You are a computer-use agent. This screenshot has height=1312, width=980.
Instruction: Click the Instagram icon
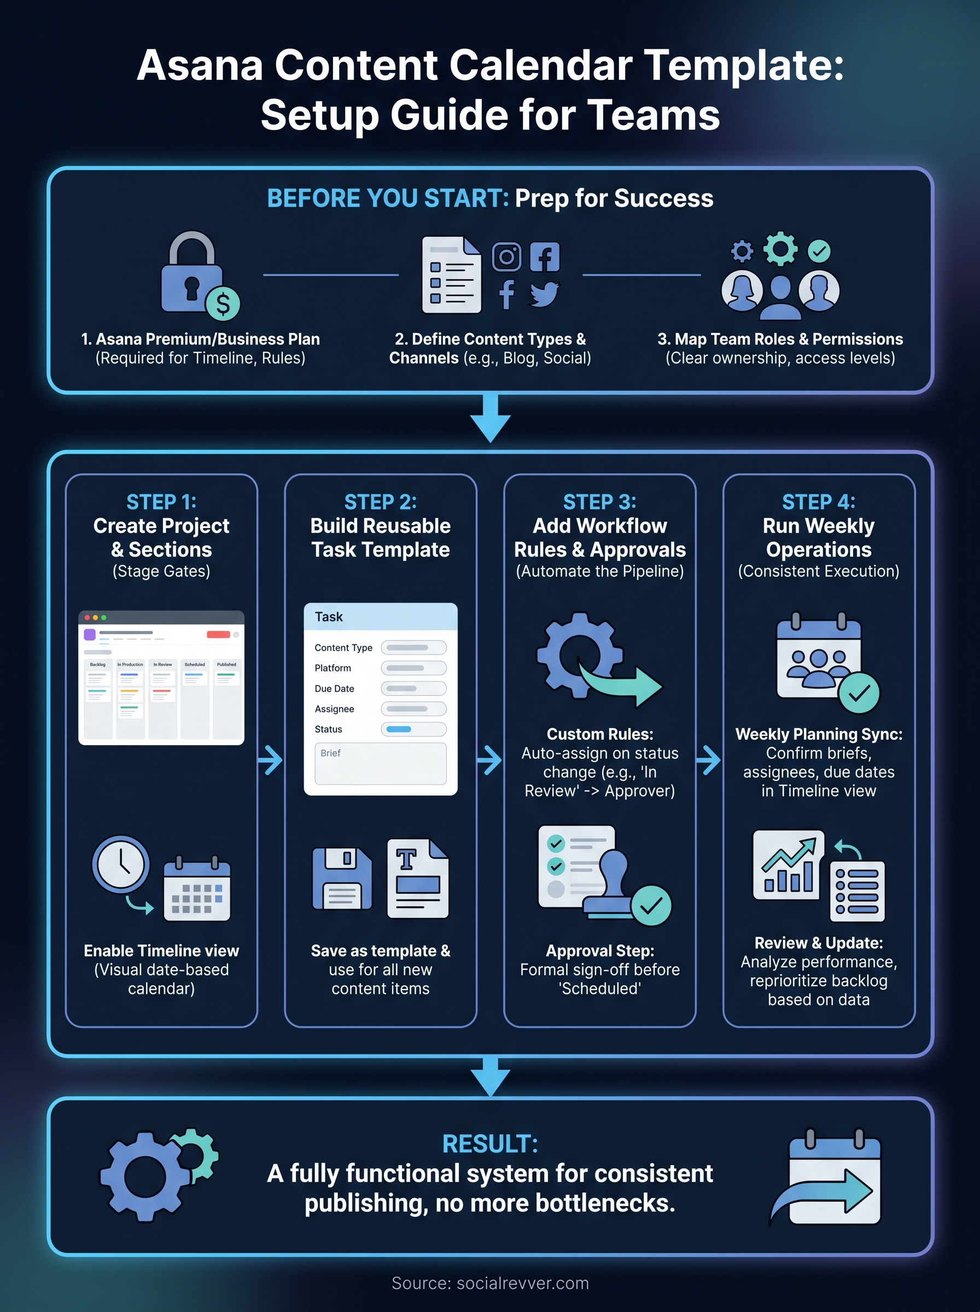pyautogui.click(x=506, y=257)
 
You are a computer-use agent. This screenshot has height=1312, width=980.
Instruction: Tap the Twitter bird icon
pyautogui.click(x=544, y=294)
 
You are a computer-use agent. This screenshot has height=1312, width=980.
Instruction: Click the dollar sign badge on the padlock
pyautogui.click(x=223, y=303)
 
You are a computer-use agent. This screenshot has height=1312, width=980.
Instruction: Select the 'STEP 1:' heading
pyautogui.click(x=161, y=502)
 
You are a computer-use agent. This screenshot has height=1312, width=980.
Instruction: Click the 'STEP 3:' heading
pyautogui.click(x=600, y=502)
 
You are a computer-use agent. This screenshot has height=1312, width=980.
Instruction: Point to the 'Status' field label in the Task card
pyautogui.click(x=328, y=729)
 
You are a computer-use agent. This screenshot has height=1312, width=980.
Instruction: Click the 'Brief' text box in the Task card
pyautogui.click(x=380, y=764)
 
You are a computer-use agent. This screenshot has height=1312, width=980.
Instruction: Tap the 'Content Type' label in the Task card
pyautogui.click(x=343, y=647)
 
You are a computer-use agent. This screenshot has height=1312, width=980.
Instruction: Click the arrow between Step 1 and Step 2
pyautogui.click(x=271, y=760)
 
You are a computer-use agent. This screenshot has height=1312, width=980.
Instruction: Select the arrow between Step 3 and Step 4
pyautogui.click(x=709, y=760)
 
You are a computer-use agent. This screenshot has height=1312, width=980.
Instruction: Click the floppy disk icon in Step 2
pyautogui.click(x=342, y=878)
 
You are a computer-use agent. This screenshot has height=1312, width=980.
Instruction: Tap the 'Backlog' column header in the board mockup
pyautogui.click(x=98, y=665)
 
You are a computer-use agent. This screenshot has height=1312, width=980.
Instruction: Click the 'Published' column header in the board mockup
pyautogui.click(x=226, y=665)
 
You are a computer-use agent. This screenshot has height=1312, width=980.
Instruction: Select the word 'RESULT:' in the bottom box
pyautogui.click(x=490, y=1144)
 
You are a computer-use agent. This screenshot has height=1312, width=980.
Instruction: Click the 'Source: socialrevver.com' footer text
pyautogui.click(x=490, y=1283)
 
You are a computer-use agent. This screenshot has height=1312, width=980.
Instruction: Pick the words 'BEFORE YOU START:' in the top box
pyautogui.click(x=388, y=198)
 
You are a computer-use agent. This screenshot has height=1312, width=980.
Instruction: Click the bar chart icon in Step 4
pyautogui.click(x=789, y=865)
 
